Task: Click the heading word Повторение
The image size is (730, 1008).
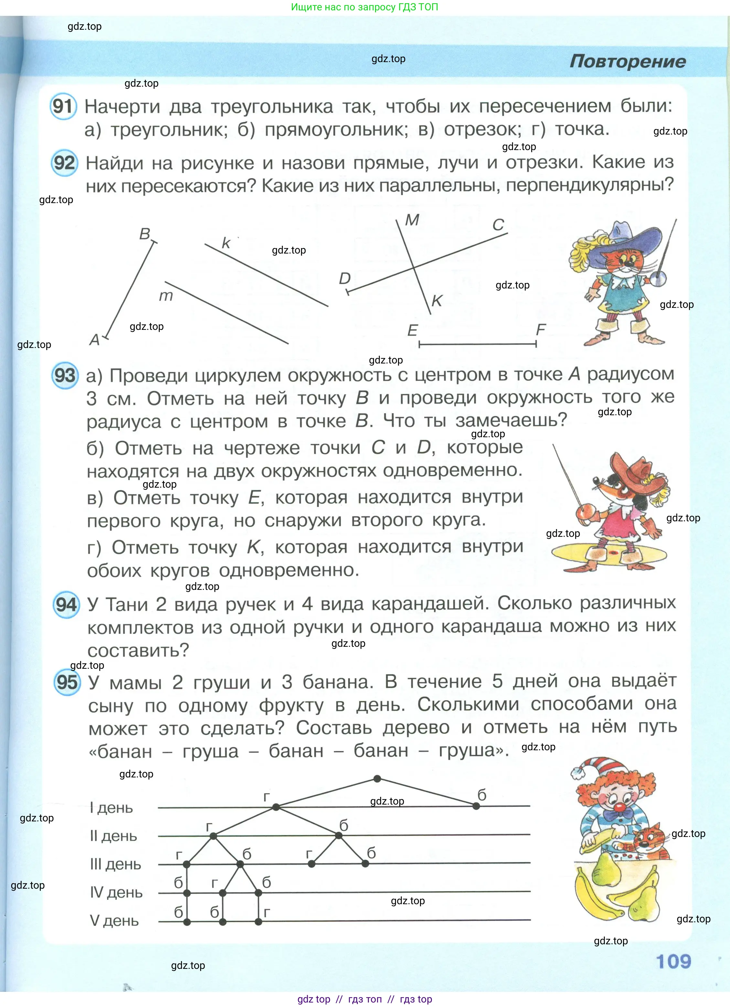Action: [x=628, y=61]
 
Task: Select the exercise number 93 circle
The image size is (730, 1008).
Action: [x=65, y=375]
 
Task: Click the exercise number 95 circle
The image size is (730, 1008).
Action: [x=67, y=683]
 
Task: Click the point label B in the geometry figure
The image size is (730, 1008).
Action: [x=145, y=234]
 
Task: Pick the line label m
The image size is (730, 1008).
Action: [x=166, y=296]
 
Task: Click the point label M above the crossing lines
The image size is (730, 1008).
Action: [x=412, y=220]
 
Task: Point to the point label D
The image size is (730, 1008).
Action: [x=345, y=279]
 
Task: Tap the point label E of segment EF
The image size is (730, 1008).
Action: [x=412, y=330]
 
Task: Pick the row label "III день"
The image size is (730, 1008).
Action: [x=115, y=864]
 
